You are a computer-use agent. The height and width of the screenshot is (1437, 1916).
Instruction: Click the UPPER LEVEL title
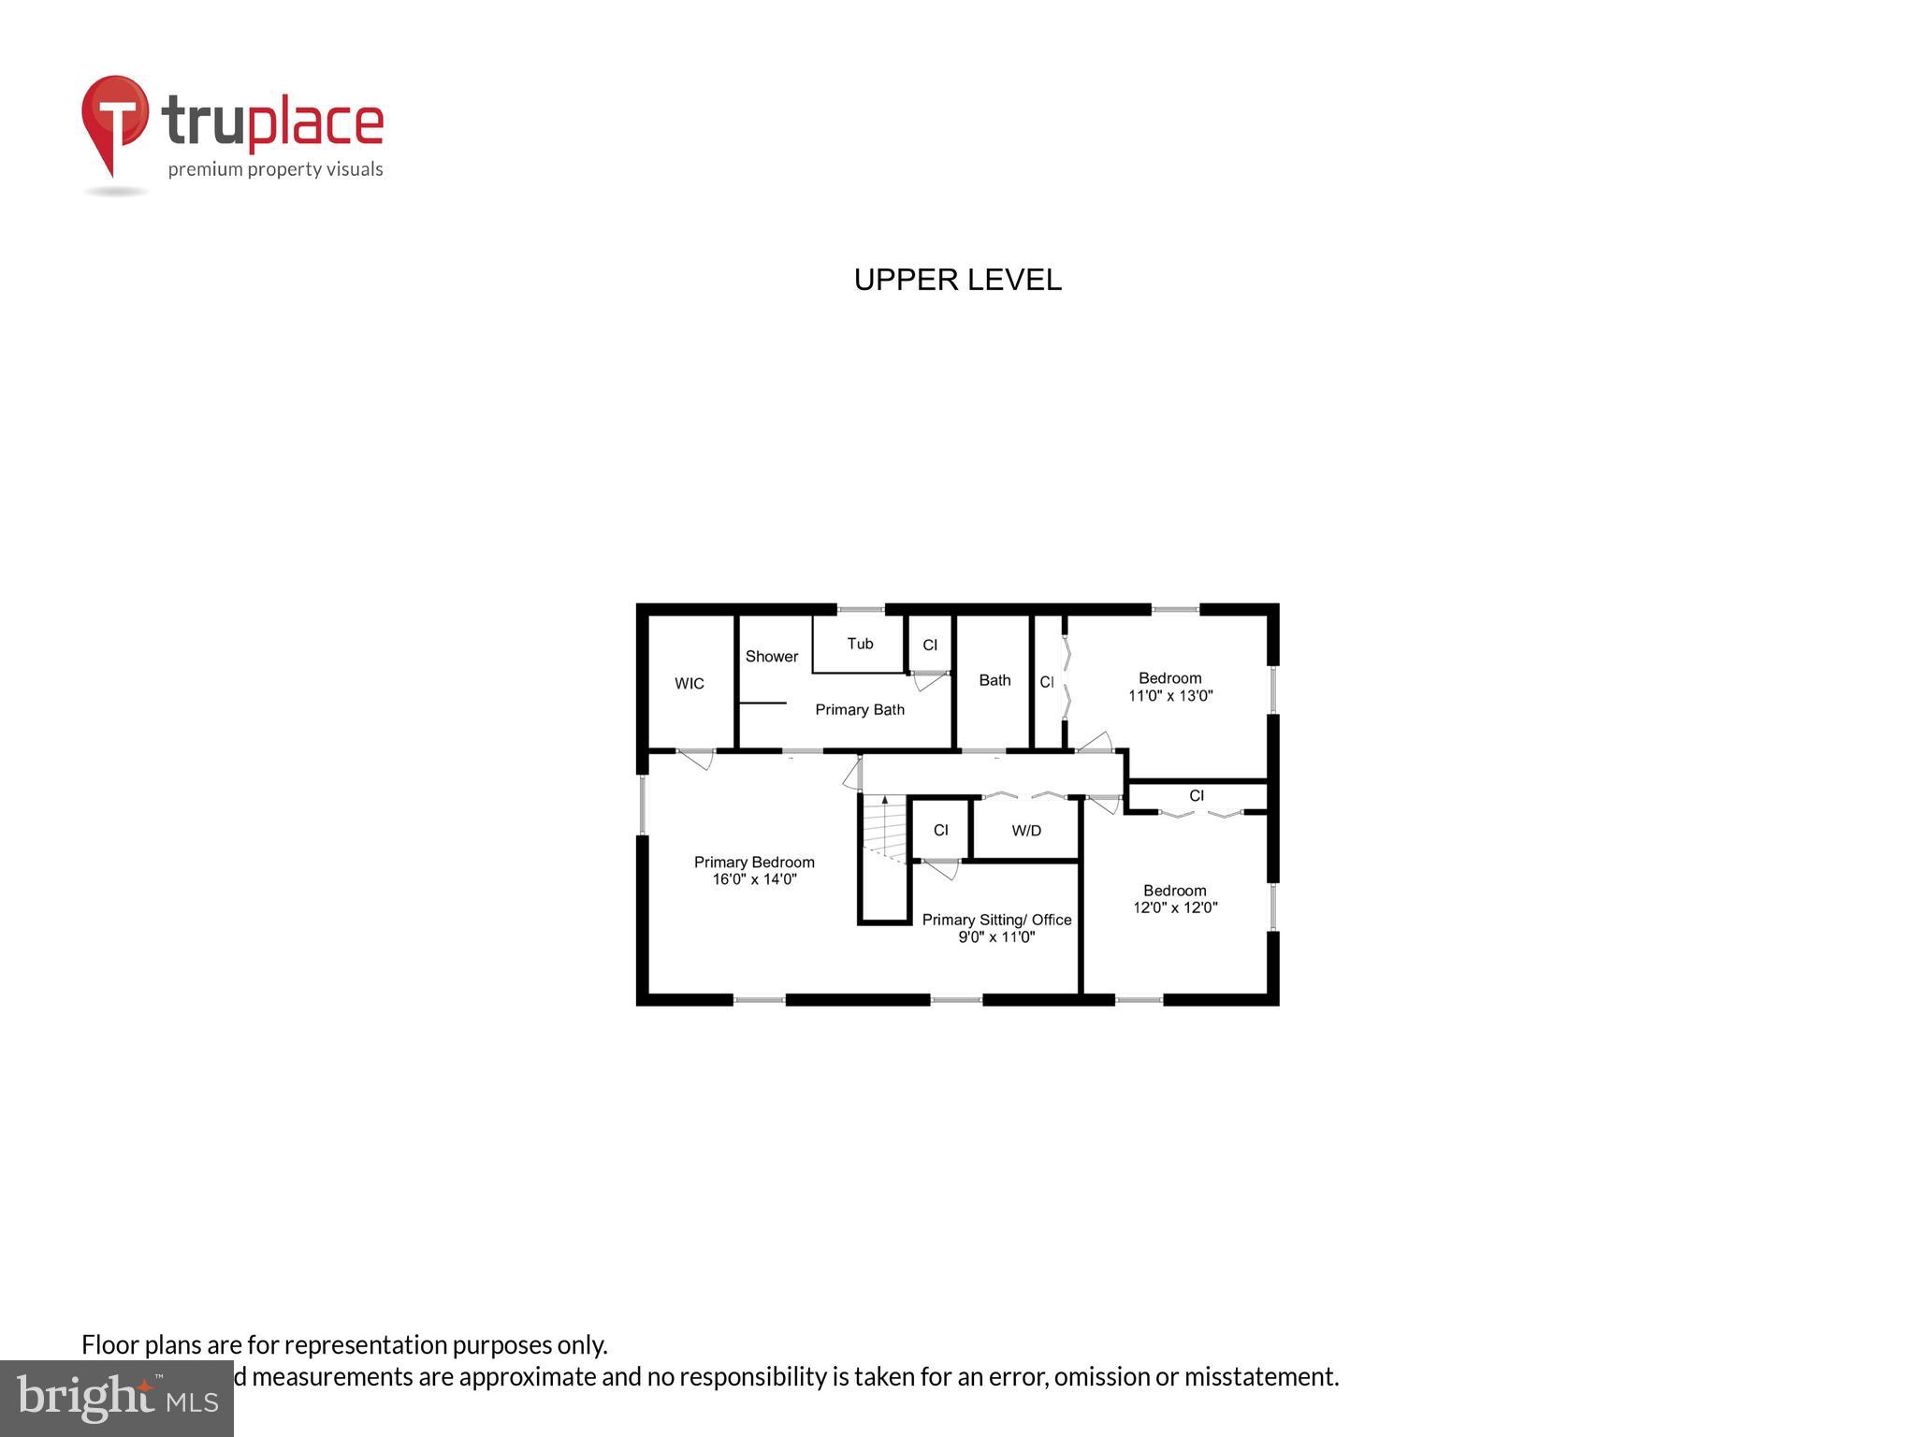pos(957,280)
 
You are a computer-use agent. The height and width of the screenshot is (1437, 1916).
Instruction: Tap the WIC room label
pos(689,684)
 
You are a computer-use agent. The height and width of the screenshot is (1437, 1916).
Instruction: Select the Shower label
pos(771,657)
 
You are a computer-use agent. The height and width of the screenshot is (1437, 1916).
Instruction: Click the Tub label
pos(860,644)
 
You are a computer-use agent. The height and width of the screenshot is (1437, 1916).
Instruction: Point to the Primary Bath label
pos(859,710)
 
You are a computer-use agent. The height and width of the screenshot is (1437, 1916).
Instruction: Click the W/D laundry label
pos(1025,831)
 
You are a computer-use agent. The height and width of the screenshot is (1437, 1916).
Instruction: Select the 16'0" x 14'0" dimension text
pos(753,879)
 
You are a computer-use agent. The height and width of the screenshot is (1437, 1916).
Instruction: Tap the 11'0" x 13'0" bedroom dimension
pos(1169,696)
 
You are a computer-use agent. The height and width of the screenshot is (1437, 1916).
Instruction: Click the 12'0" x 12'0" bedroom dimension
pos(1174,907)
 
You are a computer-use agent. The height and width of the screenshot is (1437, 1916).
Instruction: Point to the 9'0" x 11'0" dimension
pos(995,937)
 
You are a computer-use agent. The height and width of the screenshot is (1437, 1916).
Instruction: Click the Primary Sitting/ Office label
pos(996,920)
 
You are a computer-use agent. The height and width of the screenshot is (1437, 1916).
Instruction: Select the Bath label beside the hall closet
pos(994,680)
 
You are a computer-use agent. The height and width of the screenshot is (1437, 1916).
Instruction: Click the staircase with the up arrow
pos(884,828)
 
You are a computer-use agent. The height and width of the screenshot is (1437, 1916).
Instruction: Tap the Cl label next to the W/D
pos(940,831)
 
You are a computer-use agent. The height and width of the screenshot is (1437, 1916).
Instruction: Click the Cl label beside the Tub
pos(929,646)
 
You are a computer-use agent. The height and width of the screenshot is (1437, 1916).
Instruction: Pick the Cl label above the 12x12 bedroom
pos(1196,796)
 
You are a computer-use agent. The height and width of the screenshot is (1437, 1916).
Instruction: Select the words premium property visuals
pos(275,169)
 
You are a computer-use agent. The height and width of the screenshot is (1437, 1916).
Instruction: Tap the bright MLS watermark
pos(116,1398)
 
